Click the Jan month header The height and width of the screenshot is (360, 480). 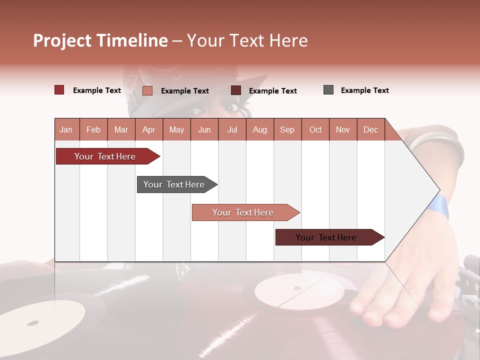tap(66, 129)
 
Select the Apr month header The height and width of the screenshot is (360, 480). tap(148, 129)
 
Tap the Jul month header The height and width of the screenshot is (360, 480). tap(232, 129)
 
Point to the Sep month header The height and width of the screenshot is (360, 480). tap(287, 129)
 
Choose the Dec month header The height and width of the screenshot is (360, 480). tap(370, 129)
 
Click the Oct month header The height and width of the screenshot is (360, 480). tap(315, 129)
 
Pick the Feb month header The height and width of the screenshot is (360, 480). tap(93, 129)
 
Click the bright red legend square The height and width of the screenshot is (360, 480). tap(59, 90)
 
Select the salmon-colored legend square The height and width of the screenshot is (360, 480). tap(147, 90)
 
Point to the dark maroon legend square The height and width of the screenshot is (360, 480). tap(235, 90)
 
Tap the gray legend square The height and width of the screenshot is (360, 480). tap(328, 90)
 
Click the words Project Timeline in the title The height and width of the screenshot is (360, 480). tap(100, 40)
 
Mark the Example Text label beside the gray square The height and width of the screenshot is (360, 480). tap(364, 90)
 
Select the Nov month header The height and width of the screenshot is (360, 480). tap(342, 129)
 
